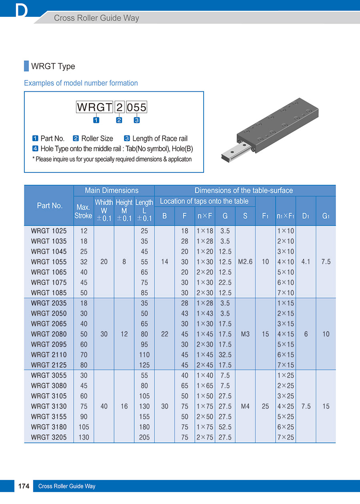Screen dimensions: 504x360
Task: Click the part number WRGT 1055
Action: tap(49, 262)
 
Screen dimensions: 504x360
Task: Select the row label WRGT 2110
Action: tap(49, 355)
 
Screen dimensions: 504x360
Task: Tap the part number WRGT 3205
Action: tap(49, 437)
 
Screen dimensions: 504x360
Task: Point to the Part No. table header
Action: tap(50, 206)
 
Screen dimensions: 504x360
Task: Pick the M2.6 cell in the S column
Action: tap(245, 262)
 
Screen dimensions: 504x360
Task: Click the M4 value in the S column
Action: tap(245, 406)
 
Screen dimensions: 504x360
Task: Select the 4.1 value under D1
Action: tap(306, 262)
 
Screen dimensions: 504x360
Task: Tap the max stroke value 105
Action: tap(84, 427)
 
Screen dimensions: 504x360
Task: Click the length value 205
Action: tap(144, 437)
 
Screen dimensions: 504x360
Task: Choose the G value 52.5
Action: tap(225, 427)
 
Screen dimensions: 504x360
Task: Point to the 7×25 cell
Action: tap(286, 437)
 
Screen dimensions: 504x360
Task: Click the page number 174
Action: tap(24, 486)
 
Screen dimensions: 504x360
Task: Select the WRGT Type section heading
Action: tap(53, 66)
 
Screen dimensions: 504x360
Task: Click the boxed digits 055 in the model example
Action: tap(136, 107)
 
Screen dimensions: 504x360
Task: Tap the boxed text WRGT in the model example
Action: tap(94, 107)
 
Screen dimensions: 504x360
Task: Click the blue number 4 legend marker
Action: tap(35, 149)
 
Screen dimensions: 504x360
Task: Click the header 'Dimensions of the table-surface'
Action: tap(244, 191)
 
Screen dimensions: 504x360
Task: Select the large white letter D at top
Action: tap(21, 11)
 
